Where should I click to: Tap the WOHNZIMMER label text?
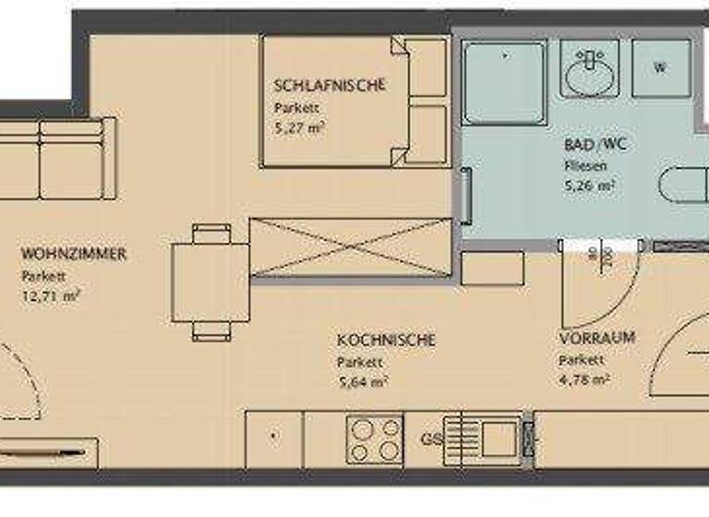coord(74,253)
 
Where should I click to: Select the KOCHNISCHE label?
coord(386,341)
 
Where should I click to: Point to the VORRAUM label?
coord(596,338)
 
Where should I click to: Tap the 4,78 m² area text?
coord(583,379)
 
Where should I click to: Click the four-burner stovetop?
coord(375,439)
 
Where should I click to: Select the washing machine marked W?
coord(660,67)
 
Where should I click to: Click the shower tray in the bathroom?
coord(504,80)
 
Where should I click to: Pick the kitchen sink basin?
coord(499,437)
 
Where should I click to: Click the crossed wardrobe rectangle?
coord(351,246)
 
